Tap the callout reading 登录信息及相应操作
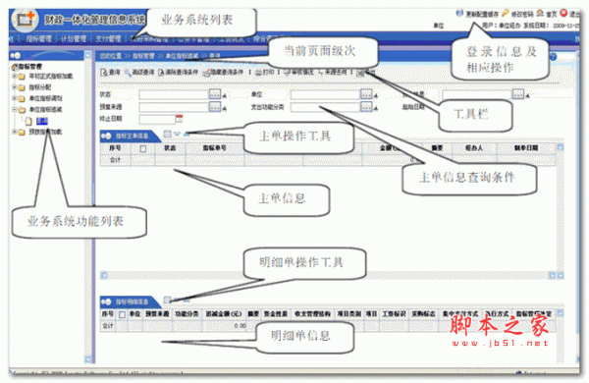[x=502, y=60]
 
